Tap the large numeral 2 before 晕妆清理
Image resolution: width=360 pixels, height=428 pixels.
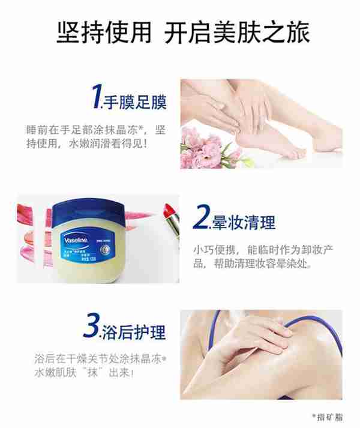pyautogui.click(x=201, y=220)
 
